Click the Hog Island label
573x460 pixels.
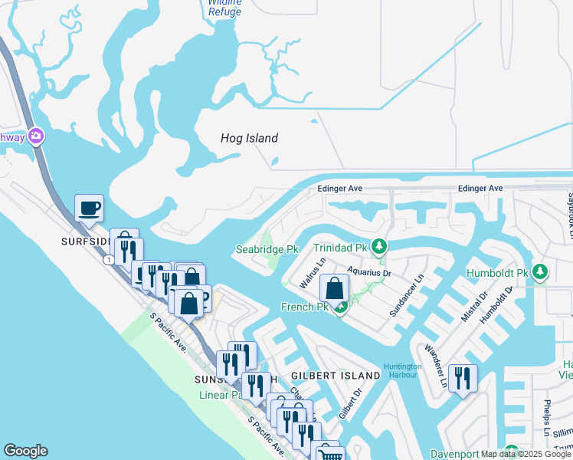249,139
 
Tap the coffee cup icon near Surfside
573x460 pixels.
89,209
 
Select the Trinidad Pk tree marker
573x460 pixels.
378,247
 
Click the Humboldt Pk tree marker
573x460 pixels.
540,272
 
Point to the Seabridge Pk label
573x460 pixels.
267,250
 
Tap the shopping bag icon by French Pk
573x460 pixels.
335,289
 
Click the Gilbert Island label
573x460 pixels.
336,376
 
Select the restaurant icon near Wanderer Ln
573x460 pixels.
463,379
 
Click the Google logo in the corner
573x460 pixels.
25,451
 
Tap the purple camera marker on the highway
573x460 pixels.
35,136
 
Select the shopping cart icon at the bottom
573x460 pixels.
330,455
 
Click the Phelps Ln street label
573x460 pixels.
548,412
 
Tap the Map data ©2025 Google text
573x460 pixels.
526,454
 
